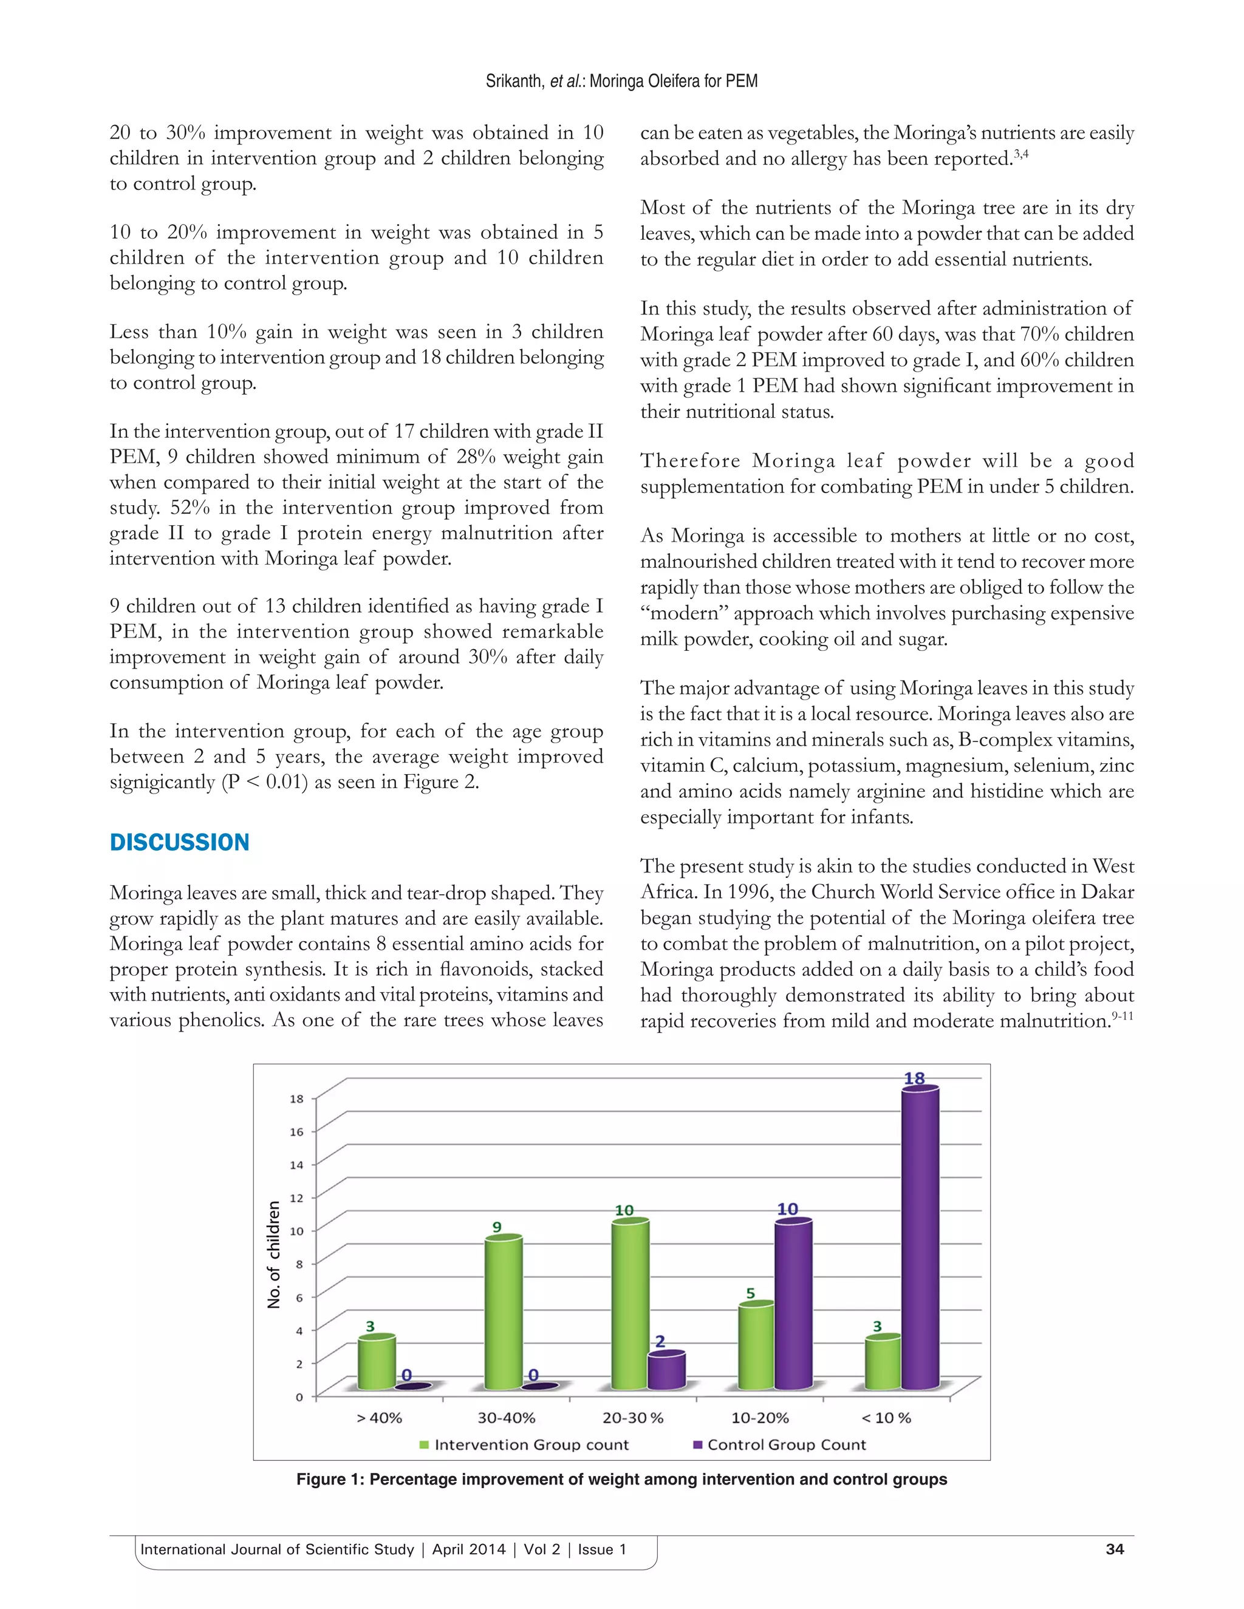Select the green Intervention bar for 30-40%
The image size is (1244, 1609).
coord(504,1315)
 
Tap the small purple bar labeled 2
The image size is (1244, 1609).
coord(666,1370)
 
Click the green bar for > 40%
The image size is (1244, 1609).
coord(377,1364)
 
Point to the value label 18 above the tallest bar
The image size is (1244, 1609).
coord(914,1078)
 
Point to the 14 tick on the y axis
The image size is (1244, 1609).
coord(296,1165)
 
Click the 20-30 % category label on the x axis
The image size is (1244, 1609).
coord(632,1418)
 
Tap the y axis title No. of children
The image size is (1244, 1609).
coord(274,1254)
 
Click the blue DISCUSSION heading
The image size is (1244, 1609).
coord(179,842)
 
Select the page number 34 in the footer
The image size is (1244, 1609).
coord(1114,1549)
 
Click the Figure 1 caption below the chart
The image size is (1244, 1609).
coord(621,1479)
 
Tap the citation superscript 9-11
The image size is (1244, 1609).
coord(1123,1016)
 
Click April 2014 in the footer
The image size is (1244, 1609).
coord(469,1549)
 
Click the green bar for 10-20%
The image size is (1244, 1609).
coord(756,1347)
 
